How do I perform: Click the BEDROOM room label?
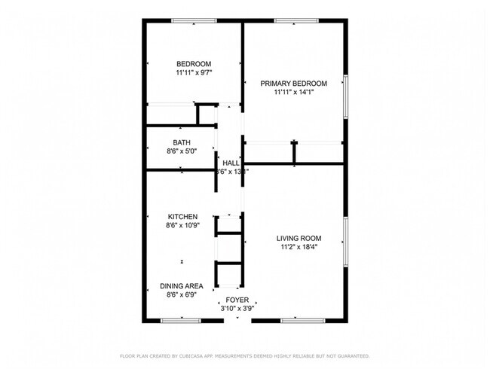pos(194,64)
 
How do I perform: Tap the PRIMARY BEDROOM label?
pos(293,84)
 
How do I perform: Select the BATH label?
pos(182,143)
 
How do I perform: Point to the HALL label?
pos(231,163)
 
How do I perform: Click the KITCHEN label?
pos(182,217)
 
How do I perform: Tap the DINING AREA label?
pos(182,286)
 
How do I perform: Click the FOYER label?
pos(237,300)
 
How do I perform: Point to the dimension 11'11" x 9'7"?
pos(194,73)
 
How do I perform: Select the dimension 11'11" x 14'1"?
pos(293,93)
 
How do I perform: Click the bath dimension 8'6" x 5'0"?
pos(182,151)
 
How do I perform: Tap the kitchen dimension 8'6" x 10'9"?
pos(182,225)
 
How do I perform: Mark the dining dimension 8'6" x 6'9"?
pos(182,295)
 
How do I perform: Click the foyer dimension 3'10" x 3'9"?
pos(237,309)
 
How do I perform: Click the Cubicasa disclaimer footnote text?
pos(244,355)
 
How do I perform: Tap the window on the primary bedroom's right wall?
pos(345,96)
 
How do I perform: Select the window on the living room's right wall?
pos(345,241)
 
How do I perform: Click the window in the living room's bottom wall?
pos(299,322)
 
